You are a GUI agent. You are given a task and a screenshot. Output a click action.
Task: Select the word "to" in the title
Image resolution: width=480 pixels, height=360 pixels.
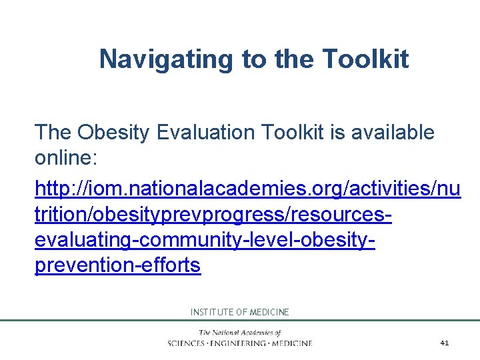click(254, 59)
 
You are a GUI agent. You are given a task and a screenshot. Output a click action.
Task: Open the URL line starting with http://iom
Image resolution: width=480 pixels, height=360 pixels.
click(247, 189)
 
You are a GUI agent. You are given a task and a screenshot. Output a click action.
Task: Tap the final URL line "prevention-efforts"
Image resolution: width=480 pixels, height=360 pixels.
click(117, 265)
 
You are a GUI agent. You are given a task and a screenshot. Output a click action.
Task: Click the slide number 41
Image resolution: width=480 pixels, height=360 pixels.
click(445, 343)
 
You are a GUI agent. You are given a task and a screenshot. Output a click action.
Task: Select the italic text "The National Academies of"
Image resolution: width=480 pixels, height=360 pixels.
click(239, 332)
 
